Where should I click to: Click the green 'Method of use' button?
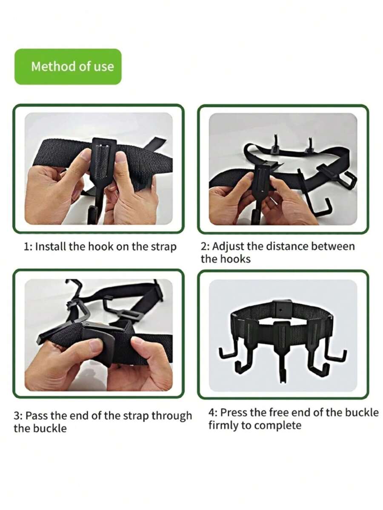68,66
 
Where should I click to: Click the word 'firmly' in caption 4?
223,425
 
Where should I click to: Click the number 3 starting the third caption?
17,416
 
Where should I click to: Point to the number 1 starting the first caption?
26,247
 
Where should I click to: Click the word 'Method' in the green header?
48,66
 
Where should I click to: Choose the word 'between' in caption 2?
324,246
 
